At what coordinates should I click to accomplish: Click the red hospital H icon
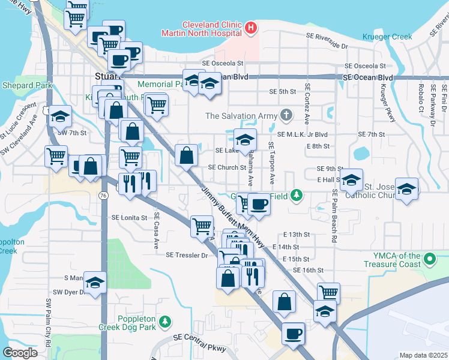click(251, 28)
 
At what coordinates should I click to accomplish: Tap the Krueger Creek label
click(387, 37)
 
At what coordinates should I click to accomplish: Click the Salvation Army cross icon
click(287, 115)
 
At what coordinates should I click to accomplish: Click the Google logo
click(20, 353)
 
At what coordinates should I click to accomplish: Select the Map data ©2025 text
click(423, 355)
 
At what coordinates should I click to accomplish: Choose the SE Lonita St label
click(129, 218)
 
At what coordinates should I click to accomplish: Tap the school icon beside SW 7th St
click(60, 116)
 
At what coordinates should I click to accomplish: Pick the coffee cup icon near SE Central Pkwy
click(293, 333)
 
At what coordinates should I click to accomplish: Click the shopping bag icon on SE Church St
click(187, 155)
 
